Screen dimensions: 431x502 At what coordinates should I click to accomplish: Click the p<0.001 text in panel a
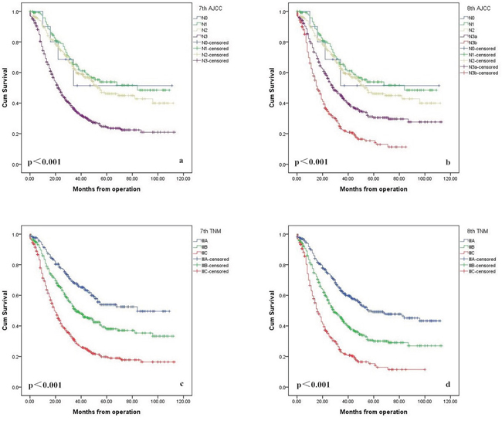click(44, 162)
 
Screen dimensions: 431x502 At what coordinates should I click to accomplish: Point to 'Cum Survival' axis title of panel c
click(6, 310)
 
